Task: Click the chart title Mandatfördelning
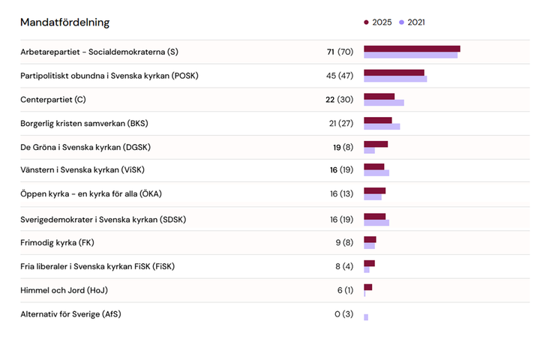[x=64, y=22]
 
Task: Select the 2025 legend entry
[x=378, y=22]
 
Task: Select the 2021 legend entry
[x=412, y=22]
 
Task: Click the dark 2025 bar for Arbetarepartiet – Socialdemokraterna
[x=412, y=49]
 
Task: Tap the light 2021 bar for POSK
[x=395, y=79]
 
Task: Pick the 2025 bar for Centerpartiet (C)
[x=379, y=96]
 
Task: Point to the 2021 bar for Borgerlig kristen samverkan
[x=382, y=127]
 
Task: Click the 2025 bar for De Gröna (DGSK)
[x=376, y=144]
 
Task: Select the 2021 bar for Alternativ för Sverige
[x=366, y=317]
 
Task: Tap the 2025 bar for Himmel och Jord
[x=367, y=287]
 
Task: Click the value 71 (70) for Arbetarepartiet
[x=340, y=52]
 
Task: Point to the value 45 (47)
[x=340, y=76]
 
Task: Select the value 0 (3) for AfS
[x=343, y=314]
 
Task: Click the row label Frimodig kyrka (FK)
[x=57, y=242]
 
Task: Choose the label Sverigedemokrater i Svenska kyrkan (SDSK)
[x=103, y=219]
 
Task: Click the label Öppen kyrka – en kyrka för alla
[x=91, y=194]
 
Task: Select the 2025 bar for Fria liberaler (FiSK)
[x=369, y=263]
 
